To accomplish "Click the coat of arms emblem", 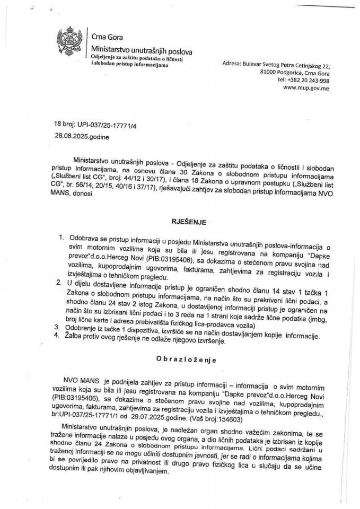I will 72,46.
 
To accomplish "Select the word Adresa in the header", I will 231,64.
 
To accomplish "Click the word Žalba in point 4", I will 78,341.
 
